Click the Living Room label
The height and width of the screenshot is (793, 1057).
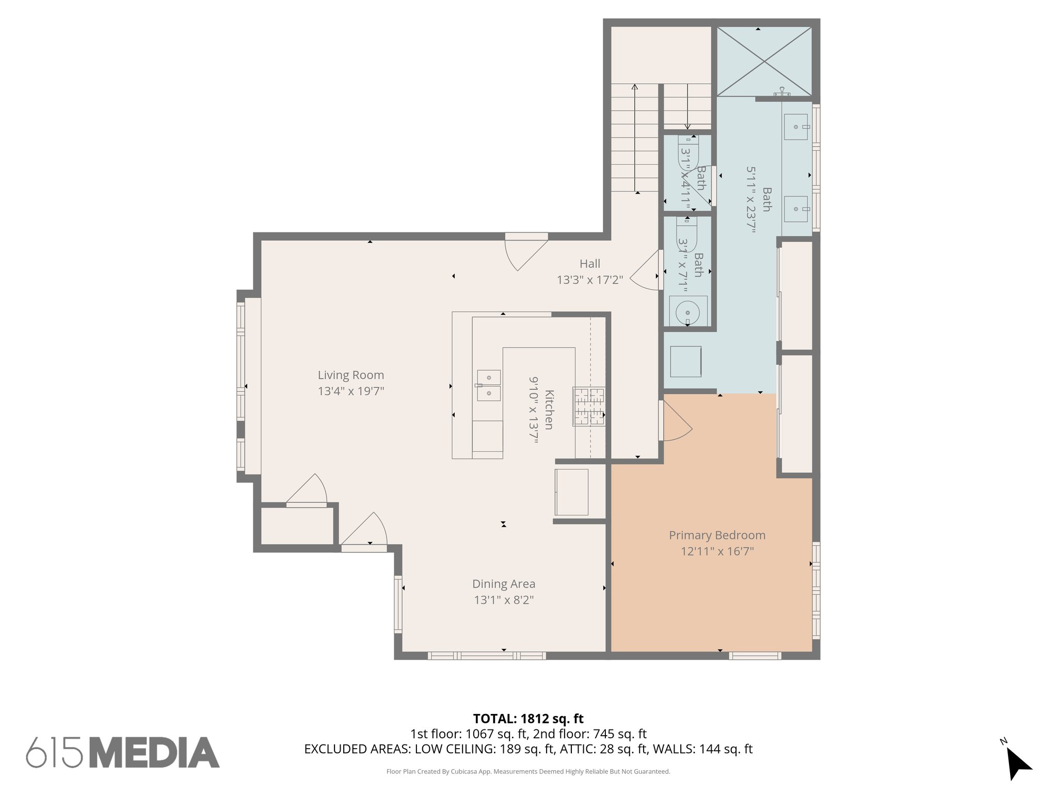pyautogui.click(x=350, y=375)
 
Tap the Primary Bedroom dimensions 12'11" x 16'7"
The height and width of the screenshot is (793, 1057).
pyautogui.click(x=717, y=551)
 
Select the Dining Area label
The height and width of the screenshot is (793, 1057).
pyautogui.click(x=504, y=584)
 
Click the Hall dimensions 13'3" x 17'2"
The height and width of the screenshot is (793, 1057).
pyautogui.click(x=589, y=280)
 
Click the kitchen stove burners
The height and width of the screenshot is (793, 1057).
pyautogui.click(x=589, y=407)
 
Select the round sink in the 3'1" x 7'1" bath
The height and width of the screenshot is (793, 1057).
pyautogui.click(x=687, y=312)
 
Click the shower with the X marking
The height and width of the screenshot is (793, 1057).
pyautogui.click(x=764, y=61)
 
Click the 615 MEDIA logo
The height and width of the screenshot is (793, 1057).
pyautogui.click(x=123, y=752)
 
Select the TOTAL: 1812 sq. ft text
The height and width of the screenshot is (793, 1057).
pyautogui.click(x=528, y=719)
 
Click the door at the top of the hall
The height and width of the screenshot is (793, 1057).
pyautogui.click(x=526, y=252)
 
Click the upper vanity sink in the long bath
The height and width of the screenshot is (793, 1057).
pyautogui.click(x=796, y=127)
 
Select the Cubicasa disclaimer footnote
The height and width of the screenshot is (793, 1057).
pyautogui.click(x=528, y=772)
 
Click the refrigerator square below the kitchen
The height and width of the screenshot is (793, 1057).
pyautogui.click(x=571, y=492)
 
